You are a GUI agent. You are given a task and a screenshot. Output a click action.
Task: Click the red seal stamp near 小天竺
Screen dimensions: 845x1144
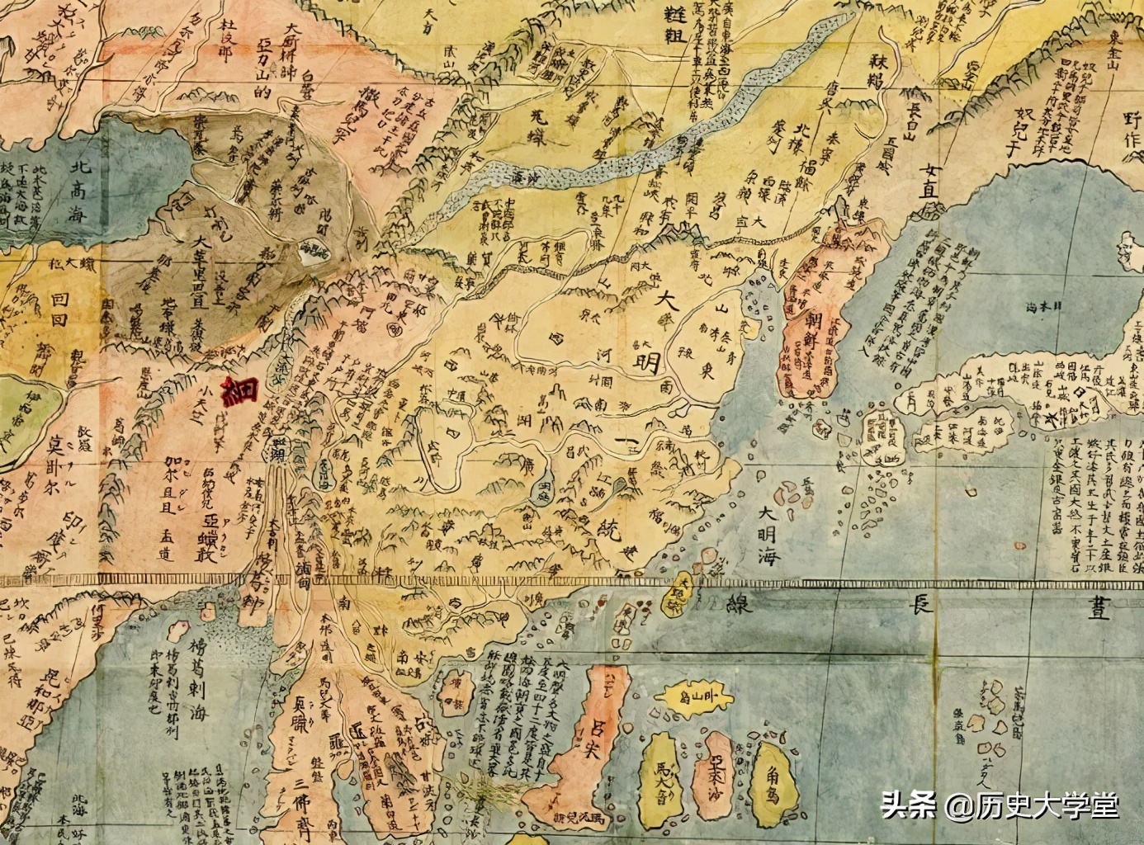(x=243, y=391)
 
